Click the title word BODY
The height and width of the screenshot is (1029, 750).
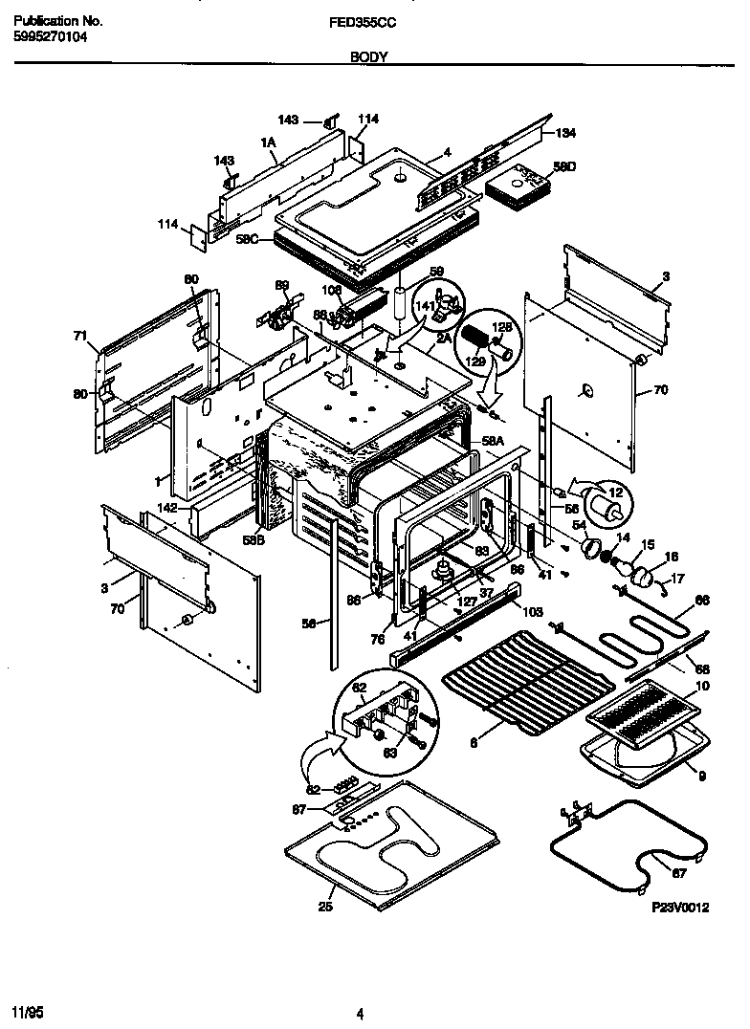(x=368, y=57)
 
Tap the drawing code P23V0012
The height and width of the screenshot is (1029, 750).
(x=680, y=909)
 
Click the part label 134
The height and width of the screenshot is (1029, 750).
(x=566, y=133)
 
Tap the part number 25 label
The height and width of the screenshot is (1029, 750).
(x=325, y=908)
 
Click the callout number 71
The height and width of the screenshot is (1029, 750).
(x=79, y=336)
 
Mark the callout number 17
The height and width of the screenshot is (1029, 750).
(x=677, y=578)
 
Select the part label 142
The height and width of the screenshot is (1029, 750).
(x=167, y=508)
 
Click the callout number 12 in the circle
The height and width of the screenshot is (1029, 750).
(x=616, y=492)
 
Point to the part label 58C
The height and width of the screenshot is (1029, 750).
(x=247, y=240)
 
